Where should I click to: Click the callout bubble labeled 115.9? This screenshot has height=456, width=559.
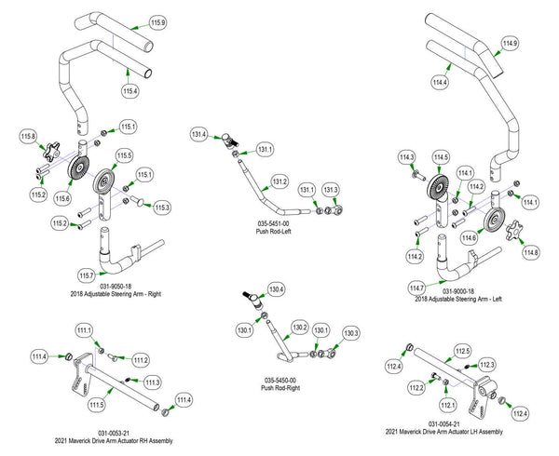(x=157, y=21)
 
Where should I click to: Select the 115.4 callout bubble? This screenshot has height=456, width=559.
(x=130, y=90)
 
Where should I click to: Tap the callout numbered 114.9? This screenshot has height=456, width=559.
(x=510, y=44)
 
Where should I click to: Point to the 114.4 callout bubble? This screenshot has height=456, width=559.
(x=441, y=84)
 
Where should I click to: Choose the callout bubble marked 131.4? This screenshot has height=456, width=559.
(x=198, y=134)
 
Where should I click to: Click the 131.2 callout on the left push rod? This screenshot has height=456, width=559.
(x=279, y=181)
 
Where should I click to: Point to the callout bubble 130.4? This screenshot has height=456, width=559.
(x=276, y=289)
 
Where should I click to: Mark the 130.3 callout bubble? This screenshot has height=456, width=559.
(x=350, y=333)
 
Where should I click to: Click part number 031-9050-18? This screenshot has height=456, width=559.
(x=114, y=286)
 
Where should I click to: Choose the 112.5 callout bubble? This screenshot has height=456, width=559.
(x=462, y=351)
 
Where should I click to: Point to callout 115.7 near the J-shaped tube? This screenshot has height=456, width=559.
(x=86, y=275)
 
